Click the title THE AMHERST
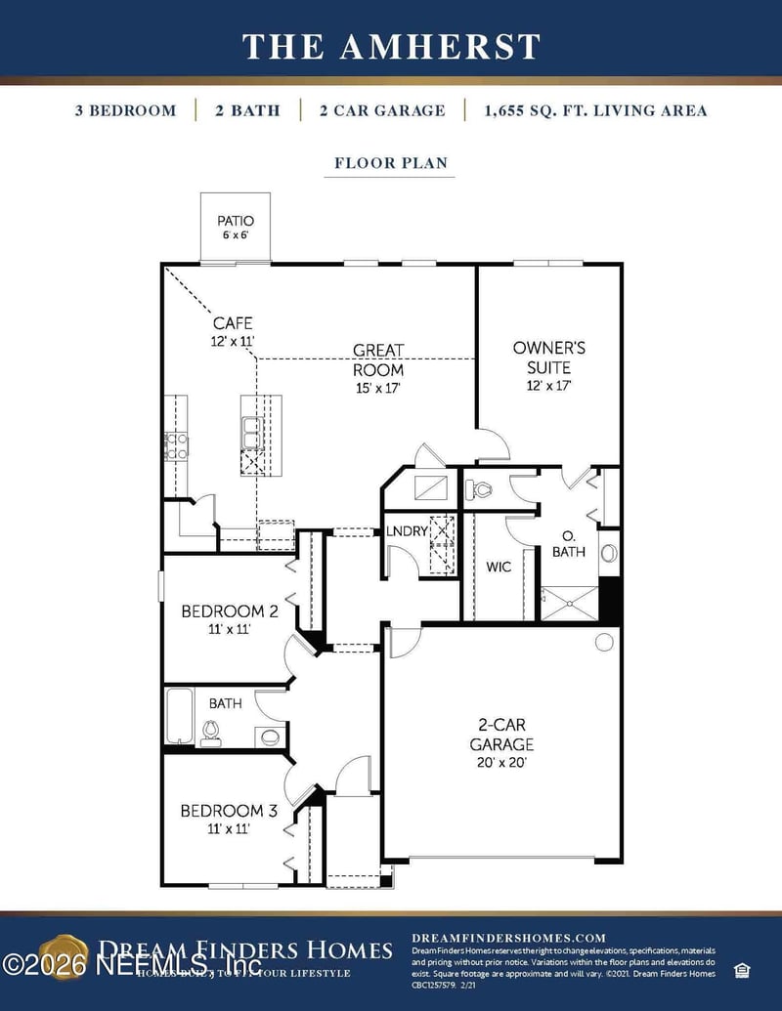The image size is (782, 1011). (x=391, y=46)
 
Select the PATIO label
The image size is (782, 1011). (x=236, y=221)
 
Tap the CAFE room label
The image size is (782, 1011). (x=233, y=322)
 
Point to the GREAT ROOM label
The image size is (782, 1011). (x=378, y=359)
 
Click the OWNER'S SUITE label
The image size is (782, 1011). (x=548, y=357)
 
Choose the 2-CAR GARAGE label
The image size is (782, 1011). (x=505, y=735)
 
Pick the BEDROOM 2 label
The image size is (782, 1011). (x=230, y=611)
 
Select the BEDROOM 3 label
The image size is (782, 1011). (x=229, y=810)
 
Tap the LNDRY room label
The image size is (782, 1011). (x=406, y=530)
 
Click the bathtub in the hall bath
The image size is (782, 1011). (x=179, y=716)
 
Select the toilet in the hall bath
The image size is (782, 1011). (x=210, y=734)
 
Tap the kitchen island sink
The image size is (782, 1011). (x=251, y=429)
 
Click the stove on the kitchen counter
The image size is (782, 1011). (x=177, y=445)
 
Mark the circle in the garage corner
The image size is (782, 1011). (x=604, y=642)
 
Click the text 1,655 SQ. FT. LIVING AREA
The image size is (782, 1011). (x=595, y=110)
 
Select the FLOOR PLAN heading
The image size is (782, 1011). (x=391, y=162)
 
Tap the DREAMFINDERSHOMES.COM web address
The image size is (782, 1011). (x=508, y=938)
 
